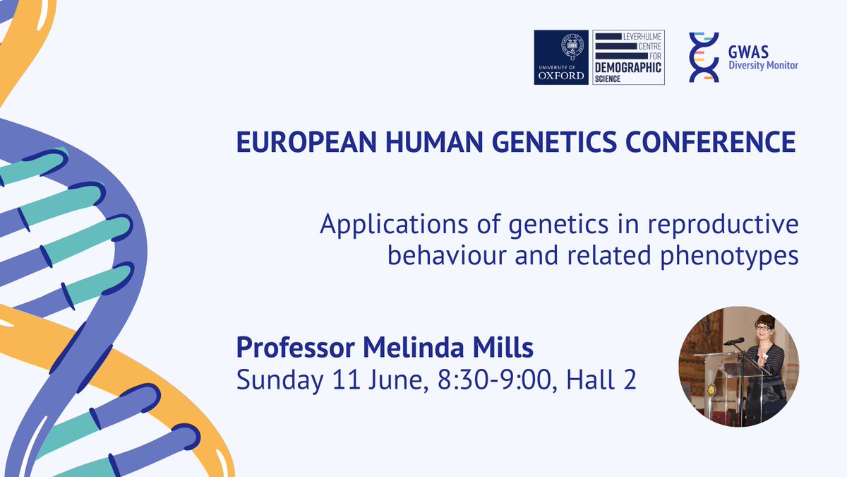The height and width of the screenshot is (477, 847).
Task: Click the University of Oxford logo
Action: point(561,58)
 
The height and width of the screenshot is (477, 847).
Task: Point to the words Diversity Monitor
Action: point(762,66)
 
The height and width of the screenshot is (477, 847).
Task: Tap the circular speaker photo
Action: point(738,367)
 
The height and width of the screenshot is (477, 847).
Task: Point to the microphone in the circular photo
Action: point(734,341)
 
